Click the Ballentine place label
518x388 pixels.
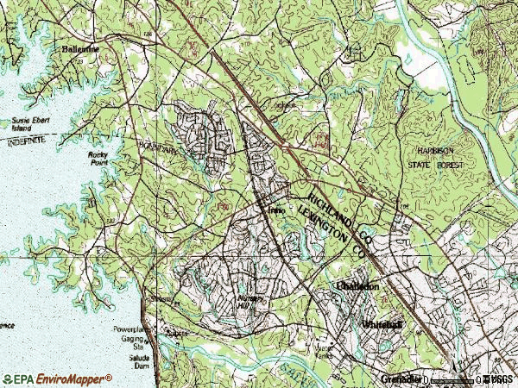79,49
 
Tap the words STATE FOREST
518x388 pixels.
435,164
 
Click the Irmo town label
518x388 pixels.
275,210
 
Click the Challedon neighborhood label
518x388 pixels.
357,285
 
